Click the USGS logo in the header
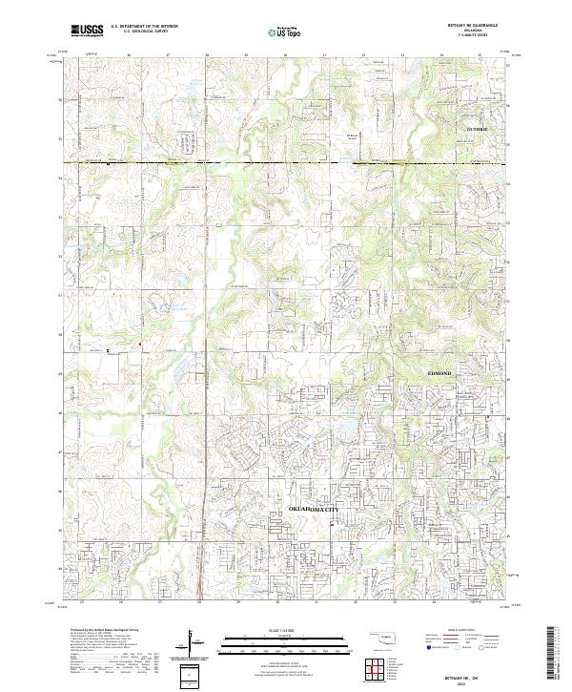point(87,31)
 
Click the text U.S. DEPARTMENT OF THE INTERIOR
point(144,28)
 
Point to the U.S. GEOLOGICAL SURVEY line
point(140,32)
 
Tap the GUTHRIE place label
point(477,128)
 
